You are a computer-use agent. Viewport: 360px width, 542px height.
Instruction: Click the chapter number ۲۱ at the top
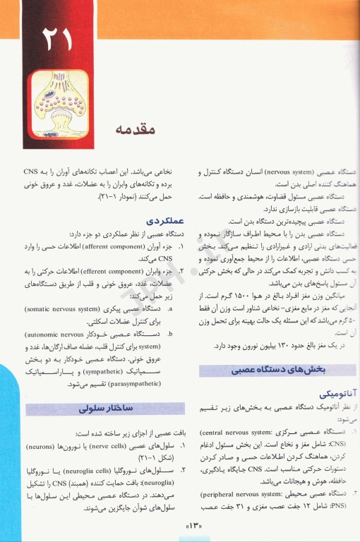56,40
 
